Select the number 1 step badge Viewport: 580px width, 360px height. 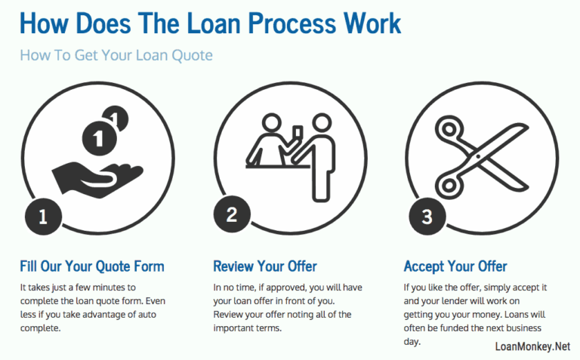coord(42,217)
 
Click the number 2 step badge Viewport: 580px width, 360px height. coord(232,214)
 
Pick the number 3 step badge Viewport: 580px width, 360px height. coord(427,217)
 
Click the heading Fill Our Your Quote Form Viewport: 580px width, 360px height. coord(91,266)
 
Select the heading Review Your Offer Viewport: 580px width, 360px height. coord(265,266)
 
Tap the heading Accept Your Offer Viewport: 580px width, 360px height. coord(455,266)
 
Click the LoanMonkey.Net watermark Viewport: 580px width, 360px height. coord(532,346)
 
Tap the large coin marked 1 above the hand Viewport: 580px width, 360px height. coord(97,139)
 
